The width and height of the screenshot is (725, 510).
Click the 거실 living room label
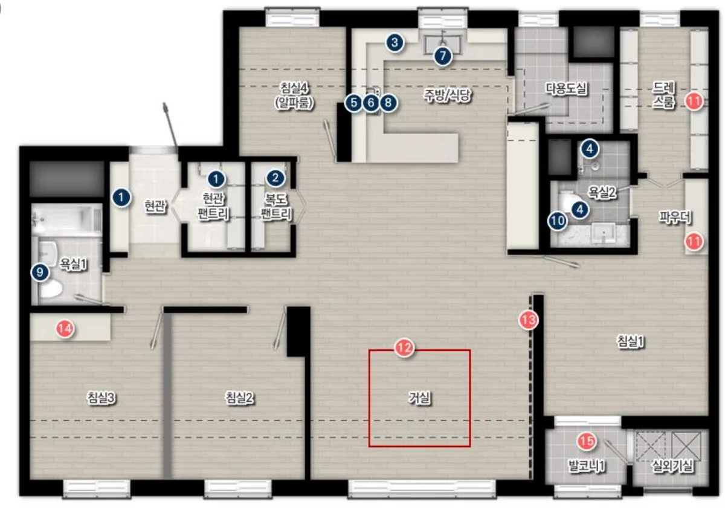click(419, 398)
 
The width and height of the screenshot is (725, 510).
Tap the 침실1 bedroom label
click(631, 341)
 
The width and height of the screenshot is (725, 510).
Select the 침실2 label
click(239, 398)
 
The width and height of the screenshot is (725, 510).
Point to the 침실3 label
click(101, 398)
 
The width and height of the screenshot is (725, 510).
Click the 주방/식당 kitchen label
click(448, 95)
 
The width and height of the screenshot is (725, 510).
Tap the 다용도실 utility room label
click(567, 88)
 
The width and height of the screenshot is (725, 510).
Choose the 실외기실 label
click(672, 466)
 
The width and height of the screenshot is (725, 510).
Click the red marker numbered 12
click(405, 348)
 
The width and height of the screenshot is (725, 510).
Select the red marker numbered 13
click(529, 320)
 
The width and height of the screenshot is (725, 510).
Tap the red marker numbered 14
click(65, 329)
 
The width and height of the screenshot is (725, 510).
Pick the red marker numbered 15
click(587, 441)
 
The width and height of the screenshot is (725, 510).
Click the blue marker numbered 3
click(395, 43)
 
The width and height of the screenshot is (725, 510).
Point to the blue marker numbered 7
click(442, 56)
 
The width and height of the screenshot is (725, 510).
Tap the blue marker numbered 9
click(40, 272)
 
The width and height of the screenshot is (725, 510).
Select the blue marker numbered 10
click(557, 221)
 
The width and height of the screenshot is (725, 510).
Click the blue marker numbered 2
click(275, 178)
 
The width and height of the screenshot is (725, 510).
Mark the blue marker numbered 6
click(371, 103)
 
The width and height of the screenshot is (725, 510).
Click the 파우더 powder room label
click(675, 218)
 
